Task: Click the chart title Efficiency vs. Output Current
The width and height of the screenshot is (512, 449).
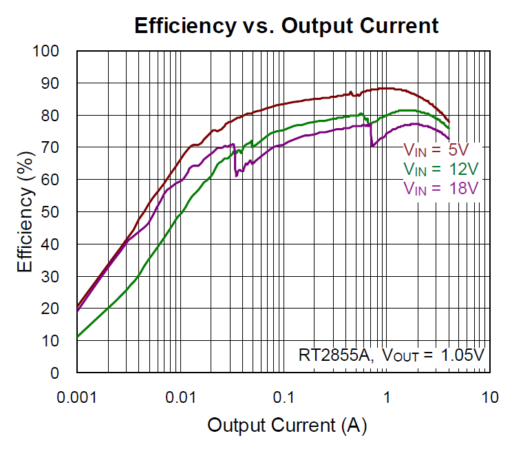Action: pos(286,25)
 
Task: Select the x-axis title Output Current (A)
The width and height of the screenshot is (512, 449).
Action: pos(287,425)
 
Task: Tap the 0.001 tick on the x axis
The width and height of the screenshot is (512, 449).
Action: pos(76,398)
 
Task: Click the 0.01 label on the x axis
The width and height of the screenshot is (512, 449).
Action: pos(180,398)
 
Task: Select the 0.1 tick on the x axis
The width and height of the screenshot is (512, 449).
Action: pos(284,398)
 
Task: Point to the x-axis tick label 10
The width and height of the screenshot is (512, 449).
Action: pos(489,398)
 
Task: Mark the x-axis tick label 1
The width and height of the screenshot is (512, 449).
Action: pos(387,398)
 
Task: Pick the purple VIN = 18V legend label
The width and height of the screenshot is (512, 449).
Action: pos(440,187)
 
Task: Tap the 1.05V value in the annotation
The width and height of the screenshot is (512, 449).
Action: pos(460,355)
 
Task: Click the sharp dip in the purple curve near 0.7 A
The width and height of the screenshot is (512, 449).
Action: pos(372,145)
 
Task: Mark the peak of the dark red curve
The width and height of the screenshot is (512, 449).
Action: pos(385,88)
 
